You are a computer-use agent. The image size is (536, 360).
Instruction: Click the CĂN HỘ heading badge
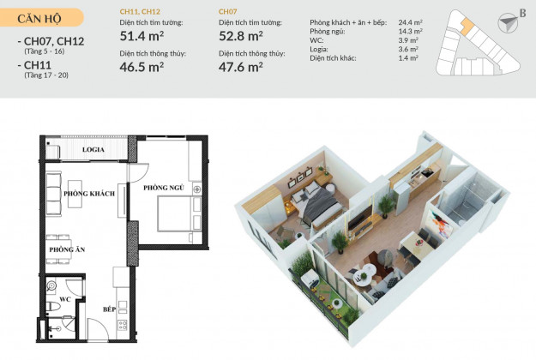40,18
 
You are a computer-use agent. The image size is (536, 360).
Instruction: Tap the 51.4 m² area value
142,36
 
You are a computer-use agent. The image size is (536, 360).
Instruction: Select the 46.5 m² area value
142,67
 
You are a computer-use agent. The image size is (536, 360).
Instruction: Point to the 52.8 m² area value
241,36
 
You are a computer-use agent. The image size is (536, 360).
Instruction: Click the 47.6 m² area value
241,67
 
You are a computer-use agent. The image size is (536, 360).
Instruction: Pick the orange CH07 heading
227,12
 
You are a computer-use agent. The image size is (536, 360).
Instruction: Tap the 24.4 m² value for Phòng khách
410,22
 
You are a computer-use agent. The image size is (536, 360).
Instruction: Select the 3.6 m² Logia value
408,49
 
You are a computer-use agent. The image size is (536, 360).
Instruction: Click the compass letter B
522,14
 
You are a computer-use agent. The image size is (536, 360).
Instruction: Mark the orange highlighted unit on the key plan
465,26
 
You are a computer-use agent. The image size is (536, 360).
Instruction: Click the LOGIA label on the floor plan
93,150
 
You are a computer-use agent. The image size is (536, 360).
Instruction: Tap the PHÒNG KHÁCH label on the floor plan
89,194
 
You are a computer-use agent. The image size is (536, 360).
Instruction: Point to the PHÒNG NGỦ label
164,188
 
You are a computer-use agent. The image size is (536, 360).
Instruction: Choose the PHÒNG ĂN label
67,249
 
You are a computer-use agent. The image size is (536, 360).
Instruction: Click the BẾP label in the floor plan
110,309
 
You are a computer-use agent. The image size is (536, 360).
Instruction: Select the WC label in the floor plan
65,299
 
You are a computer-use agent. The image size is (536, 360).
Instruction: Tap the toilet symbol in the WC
52,306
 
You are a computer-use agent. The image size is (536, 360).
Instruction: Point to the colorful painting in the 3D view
440,224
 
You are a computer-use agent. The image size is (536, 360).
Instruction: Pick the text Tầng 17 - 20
46,75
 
